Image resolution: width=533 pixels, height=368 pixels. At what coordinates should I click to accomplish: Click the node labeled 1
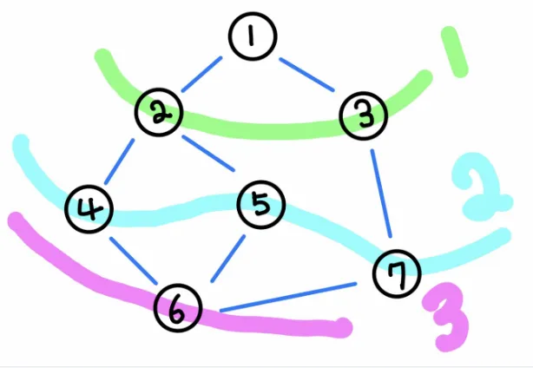(x=252, y=38)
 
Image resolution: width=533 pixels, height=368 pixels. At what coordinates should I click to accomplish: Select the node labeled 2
(x=158, y=112)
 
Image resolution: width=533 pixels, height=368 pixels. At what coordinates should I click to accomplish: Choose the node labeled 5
(x=260, y=206)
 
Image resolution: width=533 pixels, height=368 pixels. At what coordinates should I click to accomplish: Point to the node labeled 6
(x=178, y=309)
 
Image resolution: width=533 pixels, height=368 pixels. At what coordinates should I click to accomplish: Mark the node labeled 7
(x=397, y=275)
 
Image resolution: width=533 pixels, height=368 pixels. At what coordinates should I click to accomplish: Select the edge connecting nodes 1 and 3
(x=306, y=75)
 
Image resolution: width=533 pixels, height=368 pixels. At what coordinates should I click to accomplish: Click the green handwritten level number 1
(x=453, y=51)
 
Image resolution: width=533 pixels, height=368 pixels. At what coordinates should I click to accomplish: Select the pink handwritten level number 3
(x=446, y=318)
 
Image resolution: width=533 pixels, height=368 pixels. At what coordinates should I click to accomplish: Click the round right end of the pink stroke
(x=345, y=328)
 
